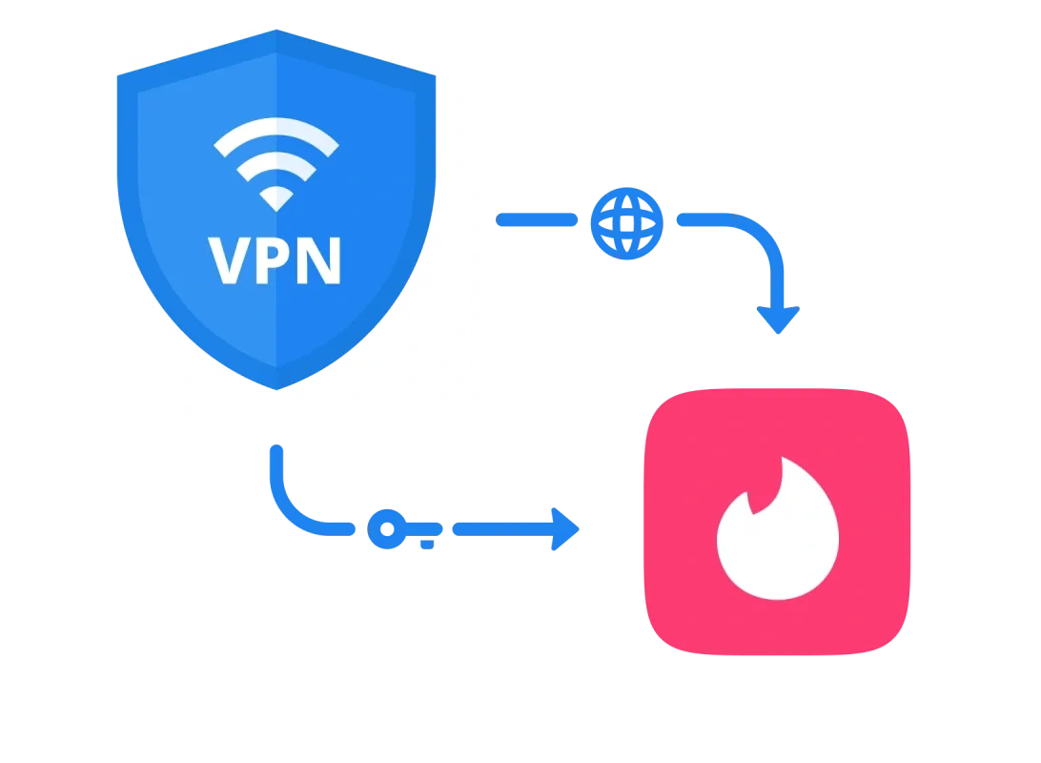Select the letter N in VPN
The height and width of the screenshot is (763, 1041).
coord(318,260)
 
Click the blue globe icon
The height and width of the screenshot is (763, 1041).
coord(626,223)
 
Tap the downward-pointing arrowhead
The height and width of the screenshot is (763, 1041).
coord(778,320)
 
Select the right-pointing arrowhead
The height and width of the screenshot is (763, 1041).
coord(566,529)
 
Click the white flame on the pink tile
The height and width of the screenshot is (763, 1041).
coord(778,531)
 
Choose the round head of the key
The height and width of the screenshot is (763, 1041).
coord(387,528)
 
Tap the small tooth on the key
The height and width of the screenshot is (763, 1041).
coord(427,545)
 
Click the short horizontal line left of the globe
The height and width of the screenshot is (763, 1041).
coord(537,219)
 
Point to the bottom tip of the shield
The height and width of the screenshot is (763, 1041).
coord(276,390)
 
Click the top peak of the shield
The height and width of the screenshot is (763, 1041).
coord(276,30)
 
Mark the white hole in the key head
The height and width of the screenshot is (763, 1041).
coord(387,528)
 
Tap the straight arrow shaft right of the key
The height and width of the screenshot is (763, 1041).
coord(503,529)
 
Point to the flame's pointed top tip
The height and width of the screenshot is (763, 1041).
coord(782,457)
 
